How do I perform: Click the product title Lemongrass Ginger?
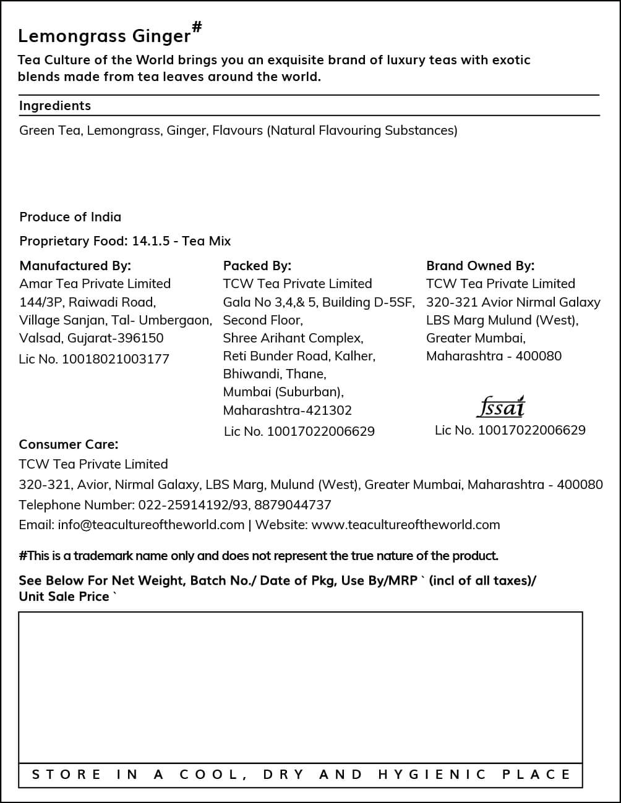(x=104, y=36)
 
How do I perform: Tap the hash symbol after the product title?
(x=197, y=27)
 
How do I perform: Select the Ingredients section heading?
(x=55, y=106)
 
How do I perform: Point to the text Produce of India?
(x=70, y=217)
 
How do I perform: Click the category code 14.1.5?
(x=150, y=241)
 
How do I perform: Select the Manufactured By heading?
(x=75, y=266)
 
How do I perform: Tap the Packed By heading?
(x=257, y=266)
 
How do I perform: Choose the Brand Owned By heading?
(x=480, y=266)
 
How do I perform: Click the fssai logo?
(x=501, y=407)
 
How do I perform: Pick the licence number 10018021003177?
(x=115, y=359)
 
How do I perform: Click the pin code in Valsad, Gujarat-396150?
(x=143, y=338)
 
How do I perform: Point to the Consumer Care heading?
(x=68, y=444)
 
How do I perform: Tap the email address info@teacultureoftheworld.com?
(x=151, y=525)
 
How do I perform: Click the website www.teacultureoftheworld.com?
(x=405, y=525)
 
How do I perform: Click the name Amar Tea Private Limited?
(x=95, y=284)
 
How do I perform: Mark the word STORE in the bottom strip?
(x=66, y=775)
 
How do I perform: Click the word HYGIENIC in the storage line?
(x=432, y=775)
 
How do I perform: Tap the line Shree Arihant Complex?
(x=293, y=338)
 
